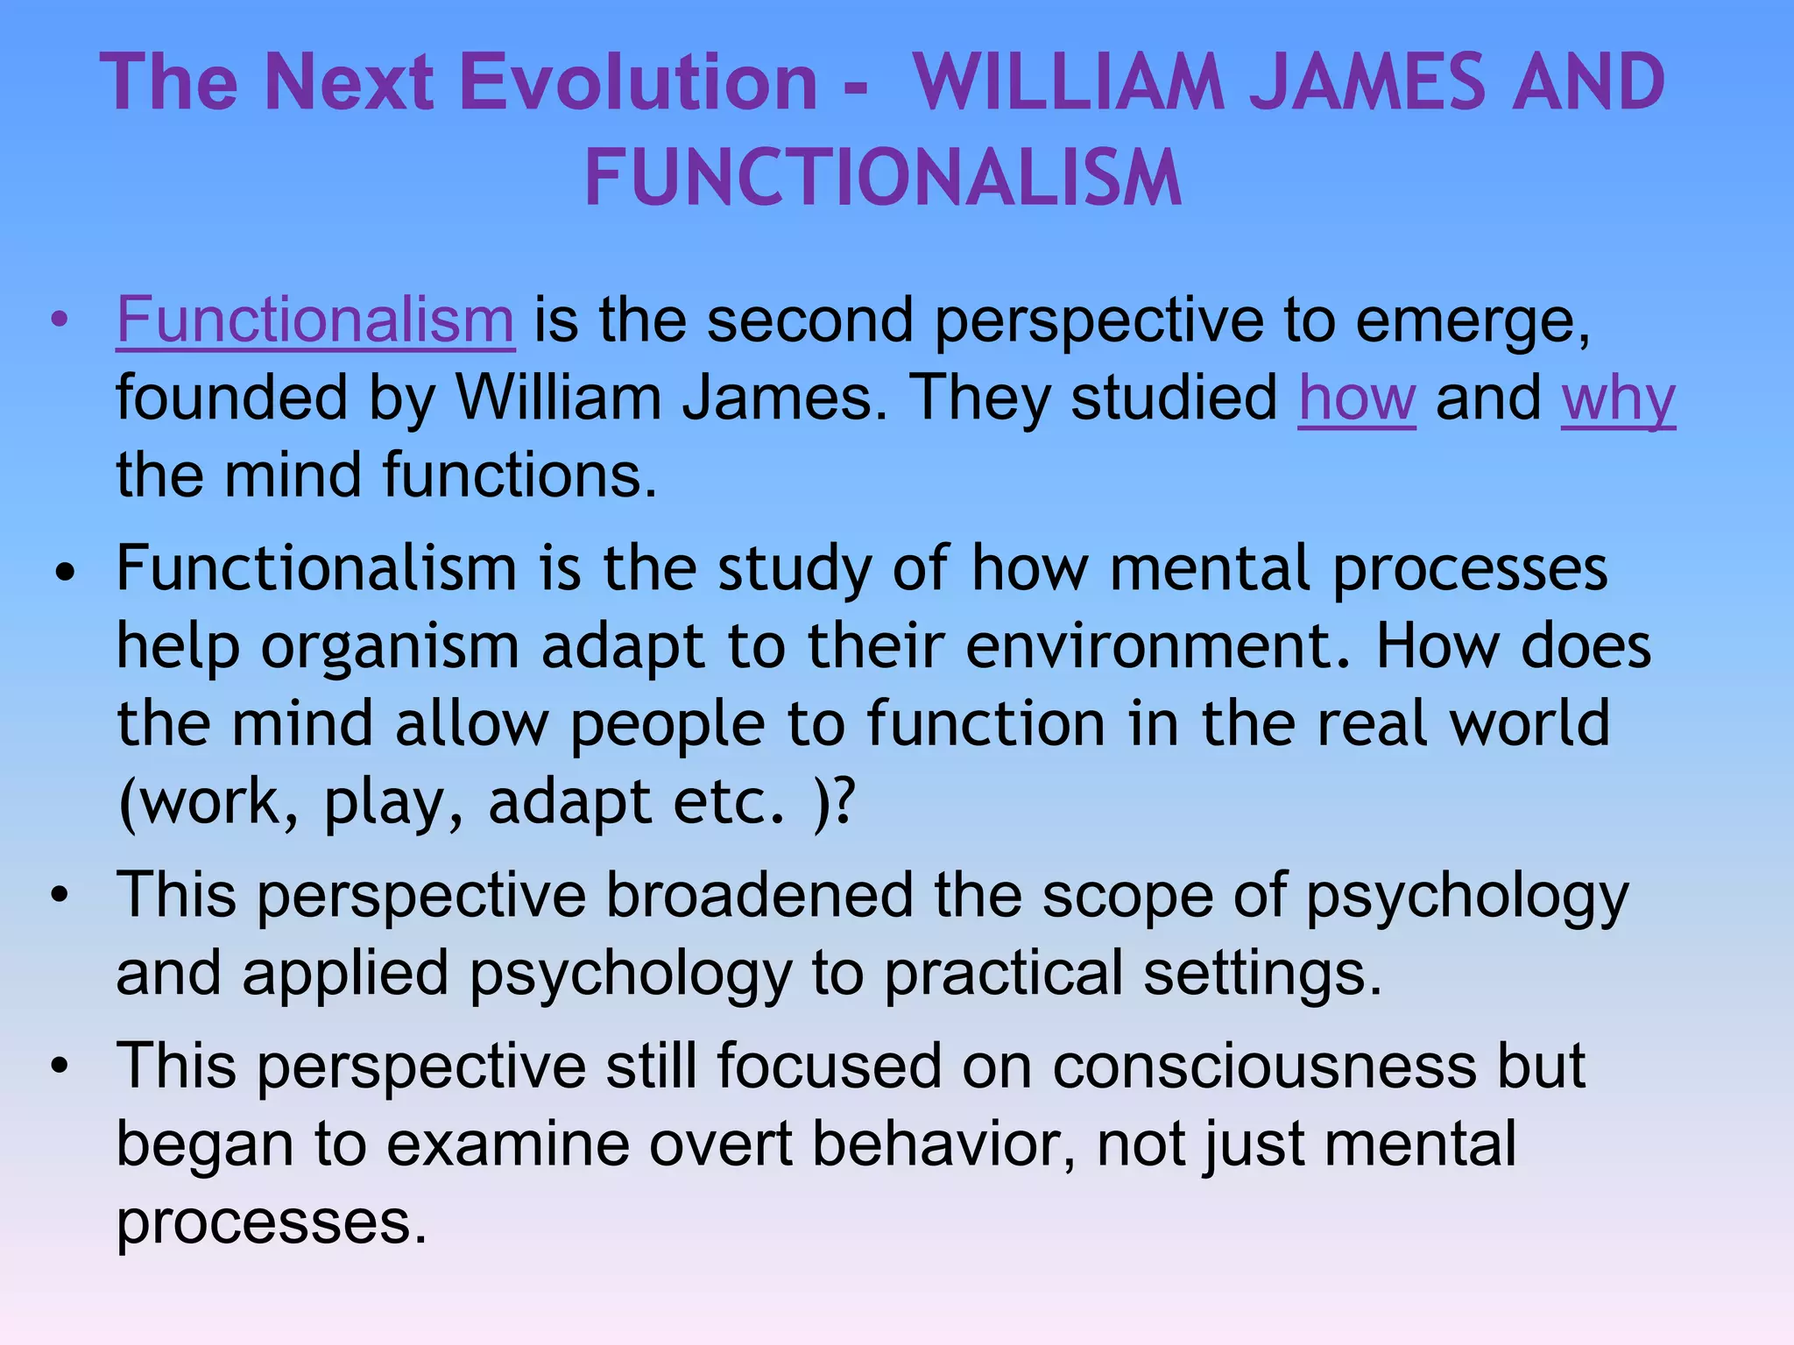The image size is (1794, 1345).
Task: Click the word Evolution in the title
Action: (x=639, y=82)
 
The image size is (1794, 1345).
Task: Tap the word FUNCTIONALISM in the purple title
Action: (x=883, y=179)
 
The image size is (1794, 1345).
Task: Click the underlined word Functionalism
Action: (x=315, y=320)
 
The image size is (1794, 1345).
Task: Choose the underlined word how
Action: (x=1356, y=398)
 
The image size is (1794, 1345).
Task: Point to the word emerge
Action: (x=1472, y=322)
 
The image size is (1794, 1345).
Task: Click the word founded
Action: (x=232, y=398)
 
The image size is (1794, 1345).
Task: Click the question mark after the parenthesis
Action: (x=844, y=801)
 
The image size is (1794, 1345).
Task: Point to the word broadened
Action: (x=759, y=896)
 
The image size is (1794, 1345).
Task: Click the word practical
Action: (x=1003, y=974)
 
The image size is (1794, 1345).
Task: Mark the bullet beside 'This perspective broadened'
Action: (x=60, y=896)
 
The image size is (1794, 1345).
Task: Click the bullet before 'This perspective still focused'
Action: (x=60, y=1067)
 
